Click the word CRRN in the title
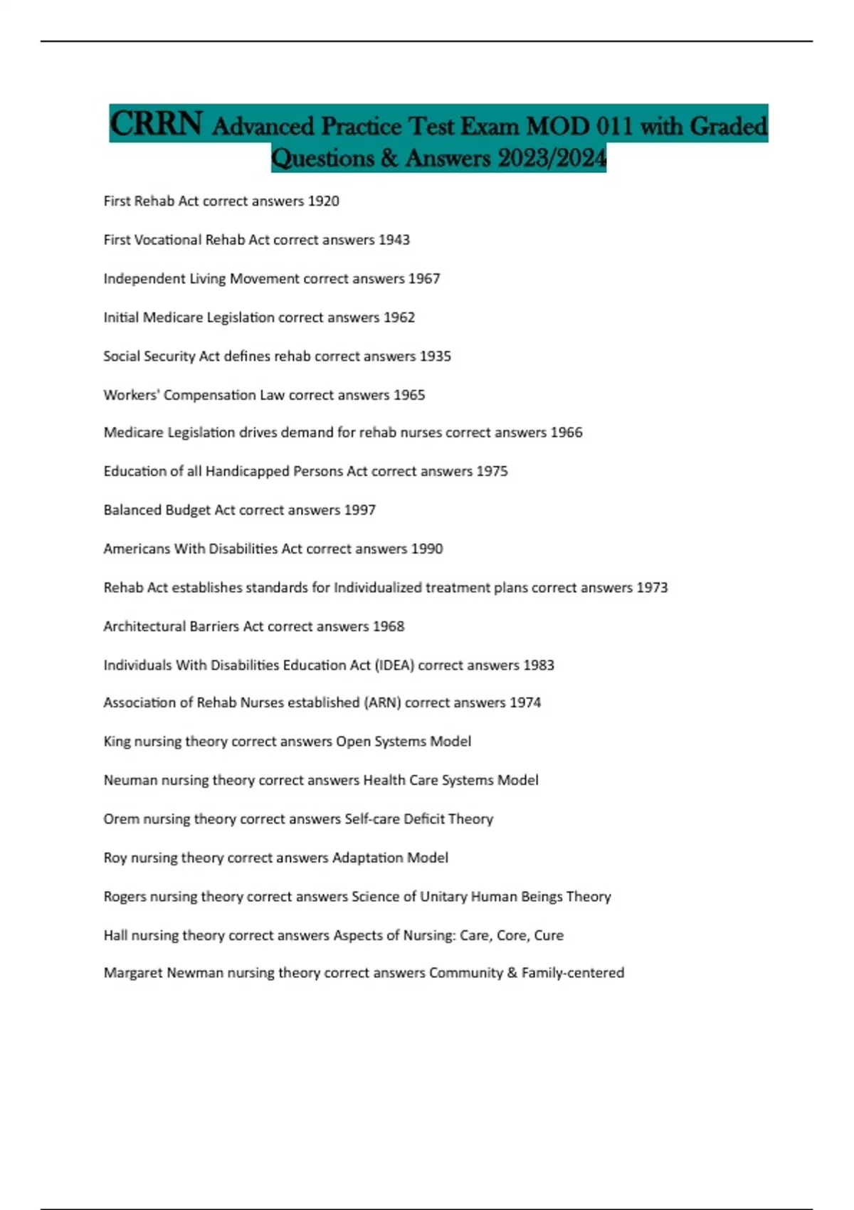[156, 125]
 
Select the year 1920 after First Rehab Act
[323, 201]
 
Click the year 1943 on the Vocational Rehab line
[394, 240]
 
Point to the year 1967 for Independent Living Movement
[424, 279]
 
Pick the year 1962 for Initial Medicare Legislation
[399, 317]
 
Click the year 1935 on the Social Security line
[435, 356]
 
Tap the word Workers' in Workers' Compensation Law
[130, 395]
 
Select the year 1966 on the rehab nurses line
[566, 433]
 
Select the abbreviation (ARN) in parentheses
[383, 703]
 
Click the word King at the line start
[117, 742]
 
